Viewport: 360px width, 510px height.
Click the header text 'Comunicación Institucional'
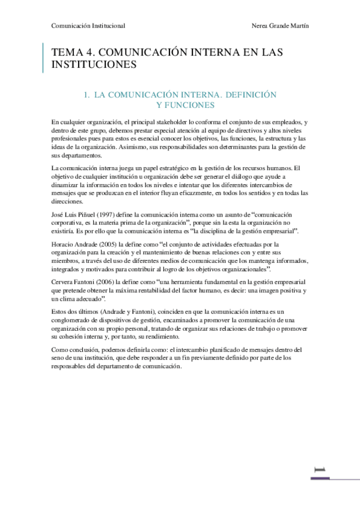88,26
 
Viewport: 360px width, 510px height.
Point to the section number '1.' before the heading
87,94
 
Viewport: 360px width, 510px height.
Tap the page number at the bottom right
322,470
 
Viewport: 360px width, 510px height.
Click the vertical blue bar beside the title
43,58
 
